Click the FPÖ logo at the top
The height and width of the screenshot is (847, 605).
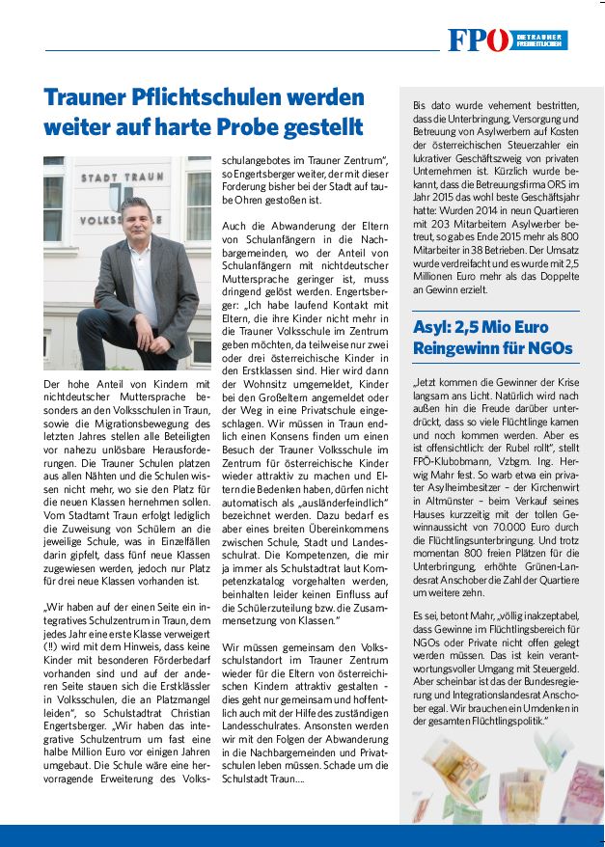[x=480, y=40]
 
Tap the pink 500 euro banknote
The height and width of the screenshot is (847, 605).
[x=573, y=790]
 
